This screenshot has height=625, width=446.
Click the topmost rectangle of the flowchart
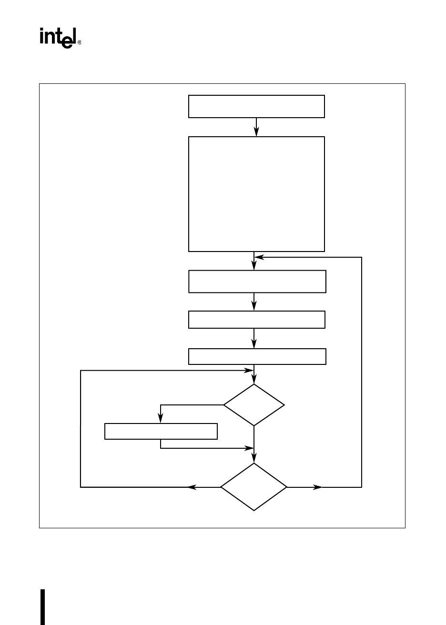pyautogui.click(x=256, y=106)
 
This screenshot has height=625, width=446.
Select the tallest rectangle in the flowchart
pyautogui.click(x=256, y=194)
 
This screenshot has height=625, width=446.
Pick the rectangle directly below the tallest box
pyautogui.click(x=257, y=282)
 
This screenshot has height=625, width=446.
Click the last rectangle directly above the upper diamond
pyautogui.click(x=257, y=356)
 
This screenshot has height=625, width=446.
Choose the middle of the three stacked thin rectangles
pyautogui.click(x=256, y=319)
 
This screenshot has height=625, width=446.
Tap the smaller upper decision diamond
pyautogui.click(x=254, y=405)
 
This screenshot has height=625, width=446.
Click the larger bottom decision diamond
pyautogui.click(x=254, y=487)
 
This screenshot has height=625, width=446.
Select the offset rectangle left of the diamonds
pyautogui.click(x=161, y=431)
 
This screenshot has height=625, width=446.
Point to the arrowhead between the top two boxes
pyautogui.click(x=256, y=133)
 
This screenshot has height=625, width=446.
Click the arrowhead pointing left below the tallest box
pyautogui.click(x=258, y=257)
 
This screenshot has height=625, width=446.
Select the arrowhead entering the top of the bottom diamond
pyautogui.click(x=254, y=459)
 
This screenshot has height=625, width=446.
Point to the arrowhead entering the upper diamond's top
pyautogui.click(x=254, y=380)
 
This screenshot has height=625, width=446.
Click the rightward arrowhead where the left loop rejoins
pyautogui.click(x=249, y=370)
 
